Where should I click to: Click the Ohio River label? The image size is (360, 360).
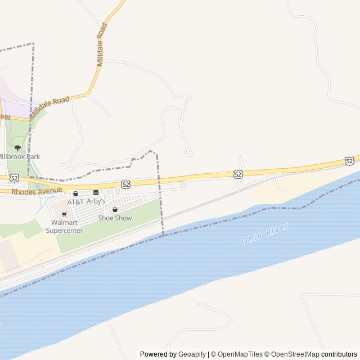265,233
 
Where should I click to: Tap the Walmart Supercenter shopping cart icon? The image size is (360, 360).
64,214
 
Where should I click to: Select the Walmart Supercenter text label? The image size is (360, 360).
64,227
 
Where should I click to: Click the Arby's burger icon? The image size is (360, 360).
96,193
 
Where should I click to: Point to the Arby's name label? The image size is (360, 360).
96,201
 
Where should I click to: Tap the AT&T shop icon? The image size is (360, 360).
75,193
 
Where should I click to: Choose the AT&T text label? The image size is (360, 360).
75,201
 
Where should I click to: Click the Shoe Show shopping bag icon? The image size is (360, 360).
115,210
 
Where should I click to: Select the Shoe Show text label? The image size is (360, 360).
115,218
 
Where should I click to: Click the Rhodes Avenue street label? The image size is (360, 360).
37,191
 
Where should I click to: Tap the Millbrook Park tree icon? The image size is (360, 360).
17,148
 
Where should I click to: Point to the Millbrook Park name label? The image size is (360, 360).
19,156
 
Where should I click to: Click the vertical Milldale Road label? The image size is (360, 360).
101,45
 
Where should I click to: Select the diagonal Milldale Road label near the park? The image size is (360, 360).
49,107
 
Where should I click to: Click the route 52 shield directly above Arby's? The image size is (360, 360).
125,184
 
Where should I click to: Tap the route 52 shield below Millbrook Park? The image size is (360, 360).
14,177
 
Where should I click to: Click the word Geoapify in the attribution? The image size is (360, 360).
192,354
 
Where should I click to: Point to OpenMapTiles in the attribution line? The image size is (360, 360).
240,354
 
